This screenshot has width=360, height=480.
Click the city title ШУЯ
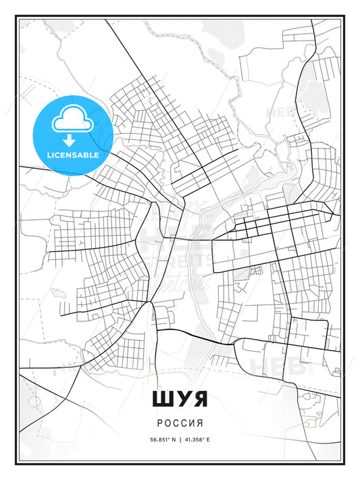(x=180, y=399)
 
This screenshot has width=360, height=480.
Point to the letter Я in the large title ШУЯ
(x=200, y=399)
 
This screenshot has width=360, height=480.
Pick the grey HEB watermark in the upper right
(x=282, y=112)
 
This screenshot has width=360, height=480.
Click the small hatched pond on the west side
(x=58, y=294)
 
